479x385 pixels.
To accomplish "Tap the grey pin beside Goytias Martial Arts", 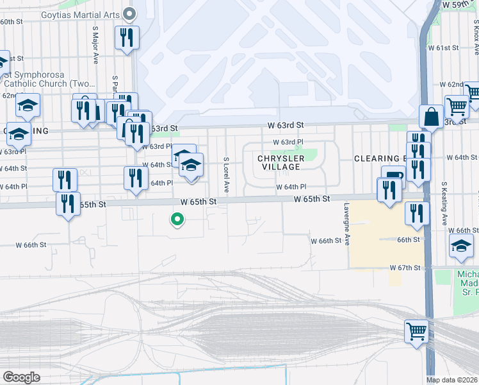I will pos(130,13).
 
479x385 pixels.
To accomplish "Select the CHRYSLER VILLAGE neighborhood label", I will pos(281,163).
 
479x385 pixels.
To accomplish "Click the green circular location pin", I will pos(177,220).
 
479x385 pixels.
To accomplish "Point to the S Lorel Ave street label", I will pos(226,174).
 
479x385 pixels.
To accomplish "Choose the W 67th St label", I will pos(405,266).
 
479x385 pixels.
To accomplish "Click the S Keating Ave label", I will pos(443,202).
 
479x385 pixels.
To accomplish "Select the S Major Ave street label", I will pos(95,45).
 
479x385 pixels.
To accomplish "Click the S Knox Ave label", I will pos(475,38).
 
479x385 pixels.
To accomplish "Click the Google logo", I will pos(20,377).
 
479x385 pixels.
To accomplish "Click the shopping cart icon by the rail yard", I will pos(416,332).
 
